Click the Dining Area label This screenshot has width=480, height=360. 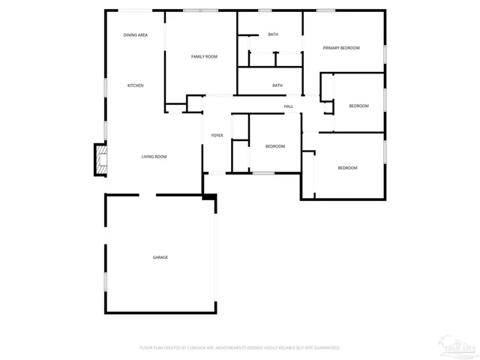tap(135, 35)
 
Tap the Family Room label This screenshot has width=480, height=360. tap(204, 56)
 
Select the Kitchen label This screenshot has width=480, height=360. tap(135, 85)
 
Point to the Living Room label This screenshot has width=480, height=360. tap(154, 156)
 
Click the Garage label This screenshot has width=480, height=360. tap(160, 257)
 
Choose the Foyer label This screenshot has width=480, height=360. tap(217, 135)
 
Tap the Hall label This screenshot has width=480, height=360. tap(288, 106)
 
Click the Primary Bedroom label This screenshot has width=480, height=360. tap(341, 48)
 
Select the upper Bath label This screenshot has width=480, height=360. tap(273, 34)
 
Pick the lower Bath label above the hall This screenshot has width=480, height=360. tap(277, 85)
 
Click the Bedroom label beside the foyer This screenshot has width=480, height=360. tap(275, 146)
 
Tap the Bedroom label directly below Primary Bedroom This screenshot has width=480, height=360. tap(358, 106)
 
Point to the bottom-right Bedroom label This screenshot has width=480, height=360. tap(347, 168)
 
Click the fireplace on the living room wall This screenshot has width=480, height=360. tap(100, 159)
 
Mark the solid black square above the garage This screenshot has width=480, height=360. tap(211, 198)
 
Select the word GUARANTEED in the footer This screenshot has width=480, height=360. tap(325, 348)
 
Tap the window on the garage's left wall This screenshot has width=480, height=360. tap(106, 282)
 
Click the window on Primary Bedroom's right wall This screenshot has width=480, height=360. tap(385, 54)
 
